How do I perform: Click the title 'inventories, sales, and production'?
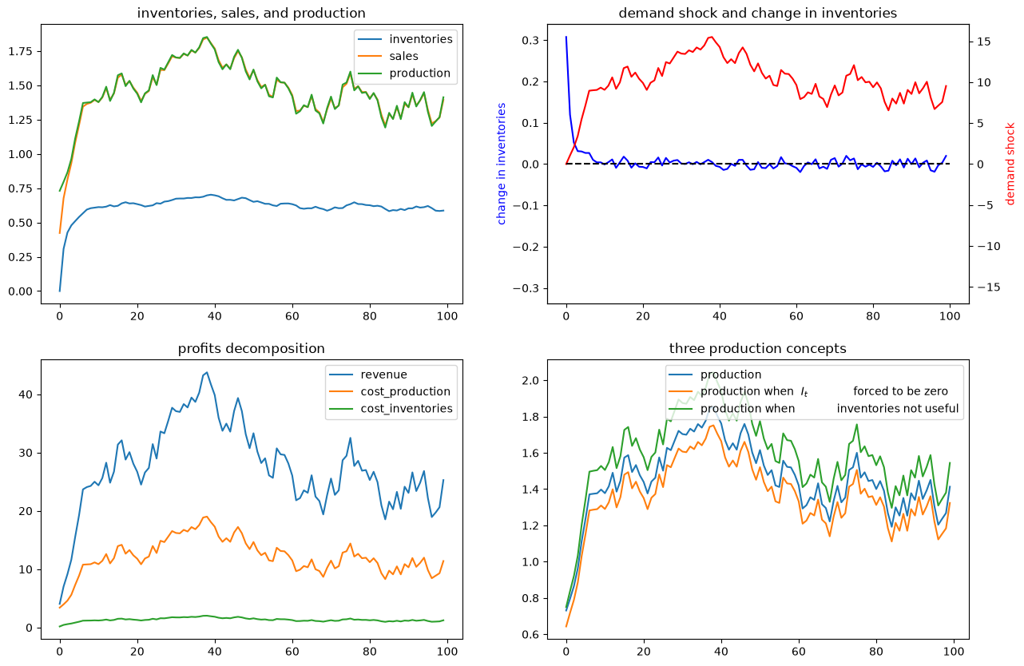click(x=251, y=13)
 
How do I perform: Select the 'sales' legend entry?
click(x=403, y=56)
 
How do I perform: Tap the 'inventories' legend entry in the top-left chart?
click(x=421, y=39)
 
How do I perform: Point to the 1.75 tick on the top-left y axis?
click(x=20, y=51)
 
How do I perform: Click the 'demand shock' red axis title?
click(x=1010, y=164)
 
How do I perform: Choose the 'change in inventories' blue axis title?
click(x=501, y=164)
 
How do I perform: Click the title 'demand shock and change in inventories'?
click(x=757, y=13)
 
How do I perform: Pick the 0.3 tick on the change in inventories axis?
click(x=530, y=40)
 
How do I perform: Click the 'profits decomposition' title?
click(x=251, y=348)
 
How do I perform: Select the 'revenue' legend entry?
click(x=383, y=375)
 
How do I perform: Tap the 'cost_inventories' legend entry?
click(x=407, y=409)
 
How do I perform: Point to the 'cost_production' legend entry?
click(x=405, y=392)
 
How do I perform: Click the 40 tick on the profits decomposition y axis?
click(x=26, y=394)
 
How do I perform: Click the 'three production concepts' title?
click(x=757, y=348)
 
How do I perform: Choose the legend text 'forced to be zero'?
click(x=900, y=391)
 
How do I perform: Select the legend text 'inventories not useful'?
click(x=897, y=408)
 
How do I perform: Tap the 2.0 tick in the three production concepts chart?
click(x=530, y=381)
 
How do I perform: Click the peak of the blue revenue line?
click(x=207, y=373)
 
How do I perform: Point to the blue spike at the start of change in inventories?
click(x=566, y=37)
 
